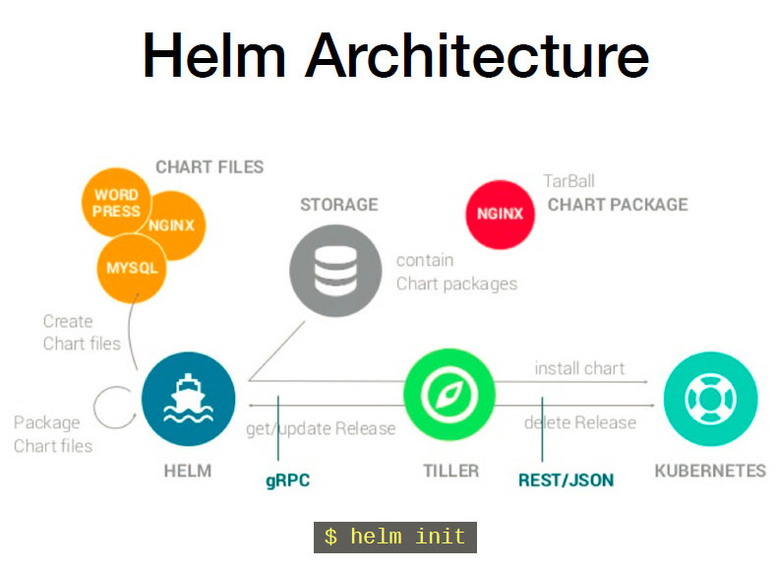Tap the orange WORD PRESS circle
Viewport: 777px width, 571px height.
116,203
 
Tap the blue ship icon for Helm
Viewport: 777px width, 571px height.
188,400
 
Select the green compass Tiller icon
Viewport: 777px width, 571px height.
448,399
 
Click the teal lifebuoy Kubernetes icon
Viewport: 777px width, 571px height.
710,399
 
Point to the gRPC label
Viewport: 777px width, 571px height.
288,481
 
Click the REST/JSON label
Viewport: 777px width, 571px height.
566,480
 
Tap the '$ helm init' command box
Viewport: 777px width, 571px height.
394,537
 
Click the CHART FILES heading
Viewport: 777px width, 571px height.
209,166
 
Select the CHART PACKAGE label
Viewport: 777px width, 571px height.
617,205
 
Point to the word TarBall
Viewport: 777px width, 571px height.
568,181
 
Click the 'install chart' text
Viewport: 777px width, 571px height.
579,368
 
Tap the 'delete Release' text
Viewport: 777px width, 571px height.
579,422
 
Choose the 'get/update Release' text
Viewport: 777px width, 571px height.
321,428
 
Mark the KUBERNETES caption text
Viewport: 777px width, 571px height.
709,471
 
